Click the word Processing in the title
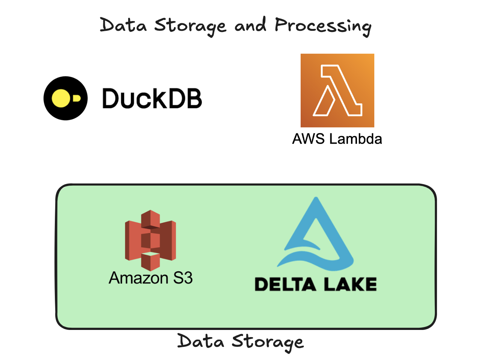tap(323, 26)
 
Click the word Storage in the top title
tap(191, 26)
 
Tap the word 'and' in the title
tap(250, 25)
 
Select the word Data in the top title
tap(123, 26)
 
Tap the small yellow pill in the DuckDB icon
tap(76, 98)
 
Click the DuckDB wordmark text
tap(152, 98)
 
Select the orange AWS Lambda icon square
tap(337, 90)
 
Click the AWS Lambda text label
tap(337, 139)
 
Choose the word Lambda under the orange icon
tap(355, 139)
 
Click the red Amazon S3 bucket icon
tap(150, 241)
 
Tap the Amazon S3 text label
tap(151, 278)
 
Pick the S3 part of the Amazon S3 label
tap(183, 278)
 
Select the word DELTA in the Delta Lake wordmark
tap(285, 284)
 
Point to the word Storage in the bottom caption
tap(267, 342)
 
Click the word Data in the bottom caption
tap(201, 341)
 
